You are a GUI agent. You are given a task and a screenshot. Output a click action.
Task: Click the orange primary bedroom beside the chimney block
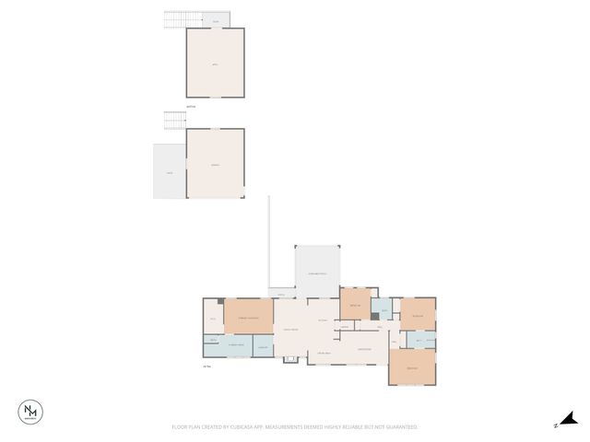249,317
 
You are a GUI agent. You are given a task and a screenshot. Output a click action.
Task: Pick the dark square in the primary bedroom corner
220,301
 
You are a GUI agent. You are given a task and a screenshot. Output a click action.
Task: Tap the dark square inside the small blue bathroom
375,315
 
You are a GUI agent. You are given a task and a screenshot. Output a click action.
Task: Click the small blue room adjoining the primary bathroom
263,346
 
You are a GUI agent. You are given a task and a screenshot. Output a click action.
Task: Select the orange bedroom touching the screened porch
355,304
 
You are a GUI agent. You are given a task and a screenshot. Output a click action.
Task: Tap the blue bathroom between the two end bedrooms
419,341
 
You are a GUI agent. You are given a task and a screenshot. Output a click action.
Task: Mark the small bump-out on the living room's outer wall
291,358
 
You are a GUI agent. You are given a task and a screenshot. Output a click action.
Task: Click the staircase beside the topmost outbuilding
175,18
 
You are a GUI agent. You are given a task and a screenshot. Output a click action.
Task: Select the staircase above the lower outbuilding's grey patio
175,120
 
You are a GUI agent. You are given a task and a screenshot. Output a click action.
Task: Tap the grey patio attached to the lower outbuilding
170,171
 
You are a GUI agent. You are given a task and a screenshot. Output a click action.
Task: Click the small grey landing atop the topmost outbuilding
216,20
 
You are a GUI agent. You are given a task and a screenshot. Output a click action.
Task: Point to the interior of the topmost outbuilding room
217,63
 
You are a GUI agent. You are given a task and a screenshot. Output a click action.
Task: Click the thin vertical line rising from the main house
268,239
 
